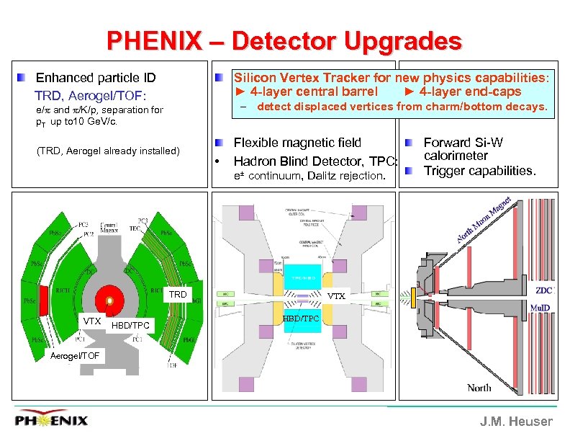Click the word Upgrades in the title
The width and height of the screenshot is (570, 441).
(403, 41)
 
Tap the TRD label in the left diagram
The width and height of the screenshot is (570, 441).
(178, 294)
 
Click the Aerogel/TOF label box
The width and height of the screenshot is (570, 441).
(76, 355)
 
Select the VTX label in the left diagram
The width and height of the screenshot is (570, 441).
(92, 321)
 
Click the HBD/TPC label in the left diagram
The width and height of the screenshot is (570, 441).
(132, 326)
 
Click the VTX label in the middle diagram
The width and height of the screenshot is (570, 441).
(337, 295)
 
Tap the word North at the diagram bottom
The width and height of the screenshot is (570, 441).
(479, 387)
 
